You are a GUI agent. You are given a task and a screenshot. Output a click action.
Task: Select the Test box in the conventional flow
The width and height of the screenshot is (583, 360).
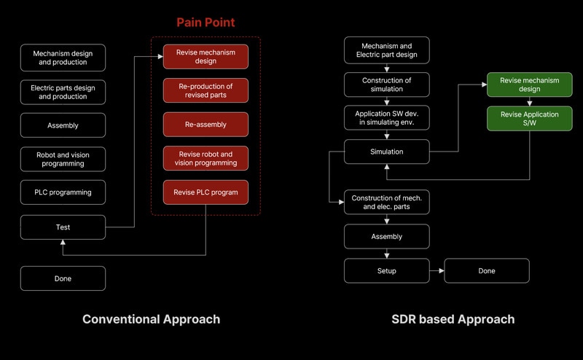coord(63,227)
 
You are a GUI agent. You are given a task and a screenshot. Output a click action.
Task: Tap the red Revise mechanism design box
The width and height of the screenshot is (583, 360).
coord(206,57)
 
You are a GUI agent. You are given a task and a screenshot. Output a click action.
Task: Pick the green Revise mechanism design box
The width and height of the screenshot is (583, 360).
coord(530,85)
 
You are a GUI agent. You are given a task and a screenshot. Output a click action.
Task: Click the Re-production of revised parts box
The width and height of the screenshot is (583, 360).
coord(206,91)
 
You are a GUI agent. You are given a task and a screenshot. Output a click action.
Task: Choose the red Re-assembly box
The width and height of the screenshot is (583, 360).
coord(206,125)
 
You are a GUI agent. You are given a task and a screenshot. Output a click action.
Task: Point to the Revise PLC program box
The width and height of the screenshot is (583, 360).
coord(206,192)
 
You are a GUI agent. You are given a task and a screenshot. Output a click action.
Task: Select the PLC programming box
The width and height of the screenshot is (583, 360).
coord(63,192)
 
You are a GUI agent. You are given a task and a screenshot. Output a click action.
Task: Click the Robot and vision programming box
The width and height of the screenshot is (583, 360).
coord(63,159)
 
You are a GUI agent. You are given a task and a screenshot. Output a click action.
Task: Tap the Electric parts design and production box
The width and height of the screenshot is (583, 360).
coord(63,91)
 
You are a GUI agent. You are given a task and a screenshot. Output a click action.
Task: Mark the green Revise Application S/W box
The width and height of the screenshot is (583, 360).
coord(530,119)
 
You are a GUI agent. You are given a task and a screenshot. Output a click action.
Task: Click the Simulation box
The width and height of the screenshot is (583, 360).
coord(386,152)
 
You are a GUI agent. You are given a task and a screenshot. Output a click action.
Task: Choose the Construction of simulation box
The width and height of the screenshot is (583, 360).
coord(386,84)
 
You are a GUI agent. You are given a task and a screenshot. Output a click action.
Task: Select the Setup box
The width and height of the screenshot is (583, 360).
coord(386,271)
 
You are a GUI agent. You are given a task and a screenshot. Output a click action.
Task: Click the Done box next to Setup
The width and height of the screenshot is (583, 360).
coord(487,271)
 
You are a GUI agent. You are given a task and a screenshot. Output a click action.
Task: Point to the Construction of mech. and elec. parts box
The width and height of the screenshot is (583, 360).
coord(386,202)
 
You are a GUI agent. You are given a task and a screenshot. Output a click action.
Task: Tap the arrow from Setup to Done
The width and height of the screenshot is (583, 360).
coord(437,271)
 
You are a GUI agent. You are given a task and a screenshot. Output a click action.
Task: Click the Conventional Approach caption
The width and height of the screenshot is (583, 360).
coord(151,319)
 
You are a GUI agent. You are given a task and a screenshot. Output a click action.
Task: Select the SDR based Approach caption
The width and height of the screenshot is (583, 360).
coord(453,319)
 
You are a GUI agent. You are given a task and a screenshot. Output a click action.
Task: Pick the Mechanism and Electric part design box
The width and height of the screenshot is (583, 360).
coord(386,50)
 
